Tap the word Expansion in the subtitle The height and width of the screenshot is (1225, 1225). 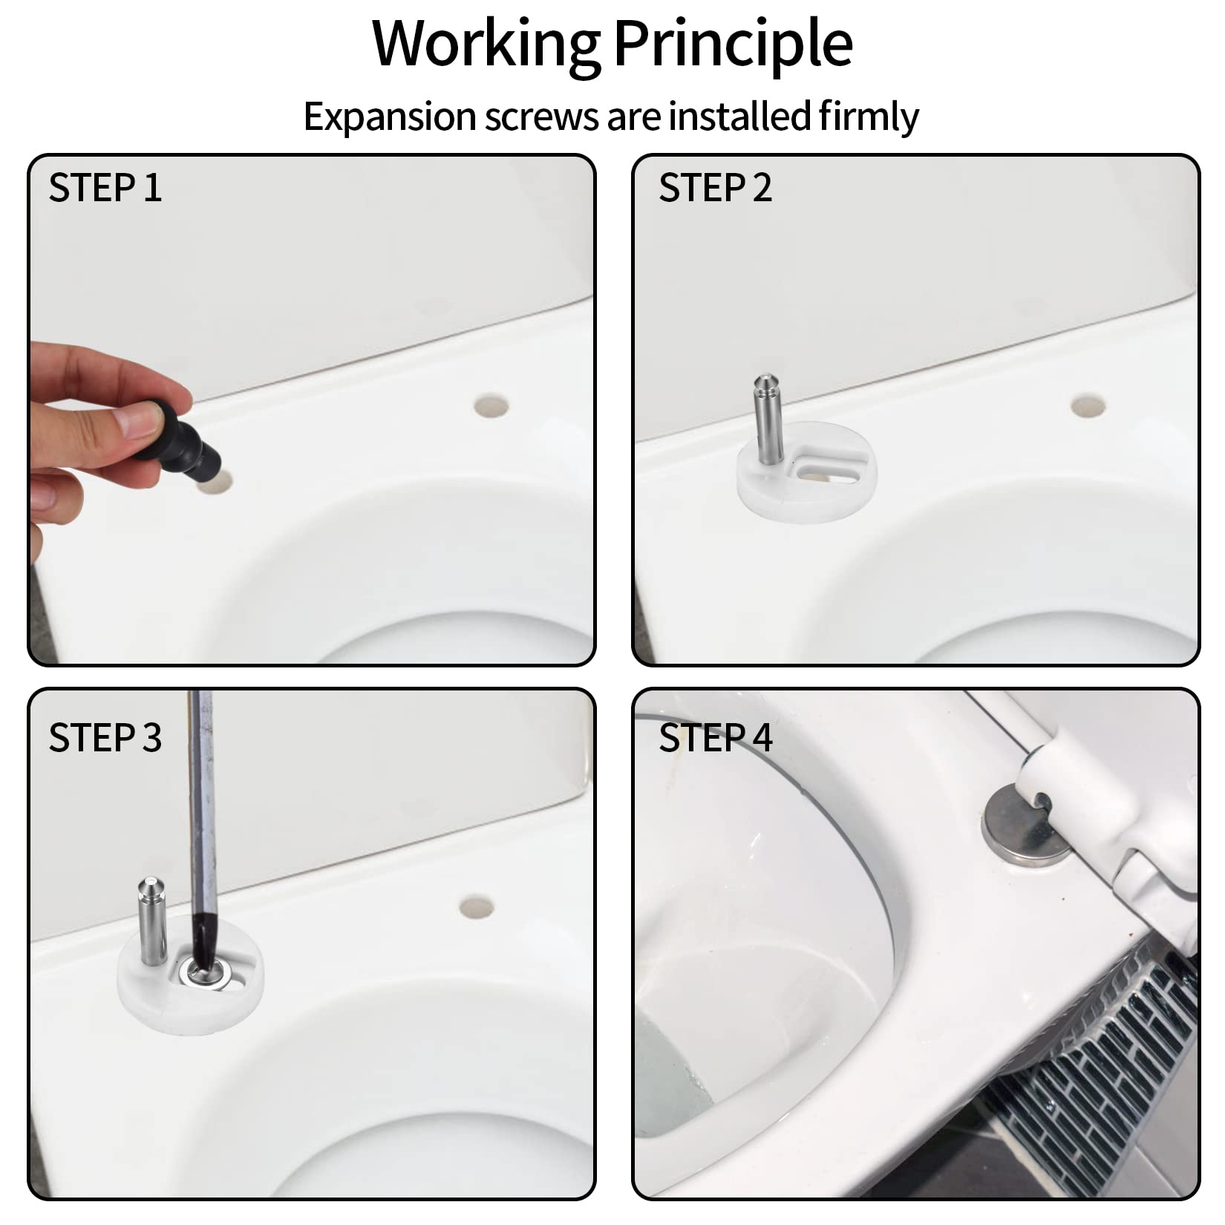click(389, 117)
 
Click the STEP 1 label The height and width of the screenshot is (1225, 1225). click(105, 187)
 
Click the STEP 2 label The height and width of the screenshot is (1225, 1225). click(715, 187)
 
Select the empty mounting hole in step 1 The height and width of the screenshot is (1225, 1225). click(491, 406)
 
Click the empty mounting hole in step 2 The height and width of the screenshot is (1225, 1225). click(1088, 405)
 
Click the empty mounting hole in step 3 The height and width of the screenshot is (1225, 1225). click(476, 907)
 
